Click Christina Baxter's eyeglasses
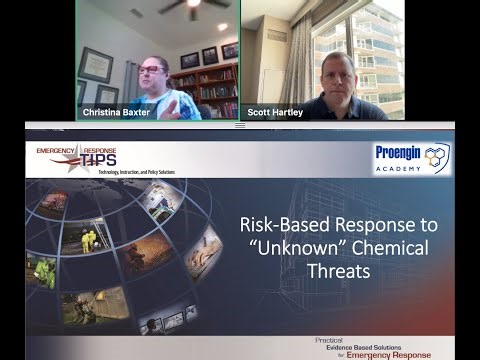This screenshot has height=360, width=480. click(150, 70)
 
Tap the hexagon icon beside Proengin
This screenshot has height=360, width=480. click(438, 155)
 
